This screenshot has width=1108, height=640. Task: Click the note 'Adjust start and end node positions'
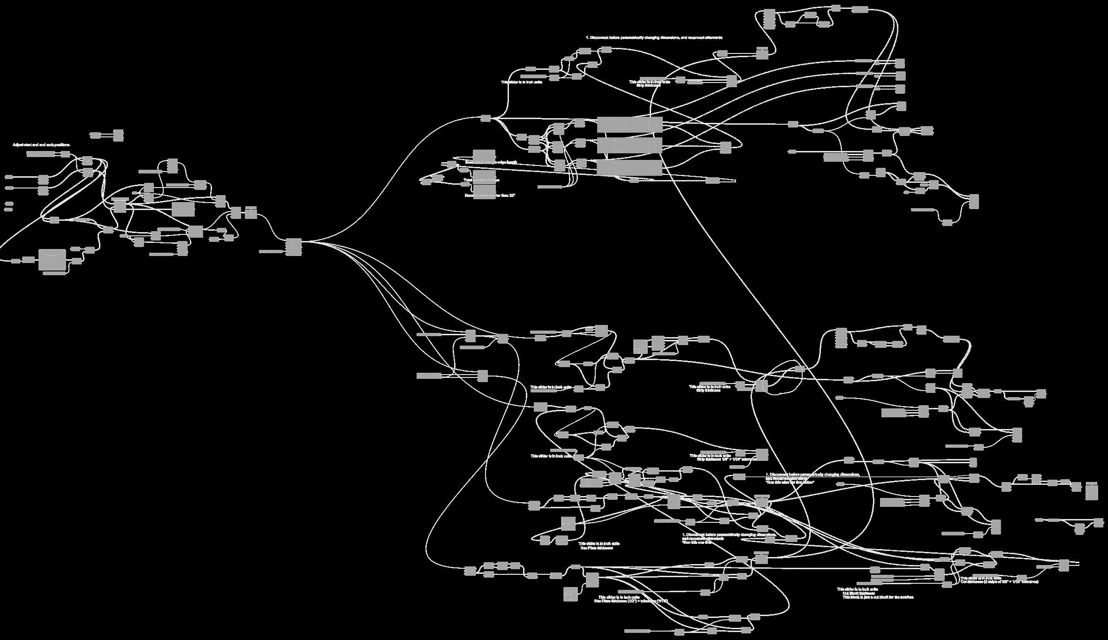[41, 145]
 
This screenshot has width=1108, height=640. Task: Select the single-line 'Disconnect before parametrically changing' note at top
[654, 38]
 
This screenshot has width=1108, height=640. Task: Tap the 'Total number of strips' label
[482, 180]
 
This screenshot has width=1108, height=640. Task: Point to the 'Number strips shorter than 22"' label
[490, 196]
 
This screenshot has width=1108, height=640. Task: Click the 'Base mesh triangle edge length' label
[491, 162]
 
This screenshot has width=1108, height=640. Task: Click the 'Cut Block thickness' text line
[858, 593]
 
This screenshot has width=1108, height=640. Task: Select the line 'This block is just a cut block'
[878, 597]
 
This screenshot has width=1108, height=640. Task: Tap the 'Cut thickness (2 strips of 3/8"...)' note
[999, 582]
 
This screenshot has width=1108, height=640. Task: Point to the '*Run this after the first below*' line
[790, 482]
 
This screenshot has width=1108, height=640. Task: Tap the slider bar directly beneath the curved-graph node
[54, 273]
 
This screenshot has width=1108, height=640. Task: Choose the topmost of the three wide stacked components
[630, 124]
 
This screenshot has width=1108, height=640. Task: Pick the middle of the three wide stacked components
[630, 145]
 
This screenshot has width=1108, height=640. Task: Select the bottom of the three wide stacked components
[630, 167]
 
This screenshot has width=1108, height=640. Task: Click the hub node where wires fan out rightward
[294, 247]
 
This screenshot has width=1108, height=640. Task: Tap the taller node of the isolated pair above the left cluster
[118, 135]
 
